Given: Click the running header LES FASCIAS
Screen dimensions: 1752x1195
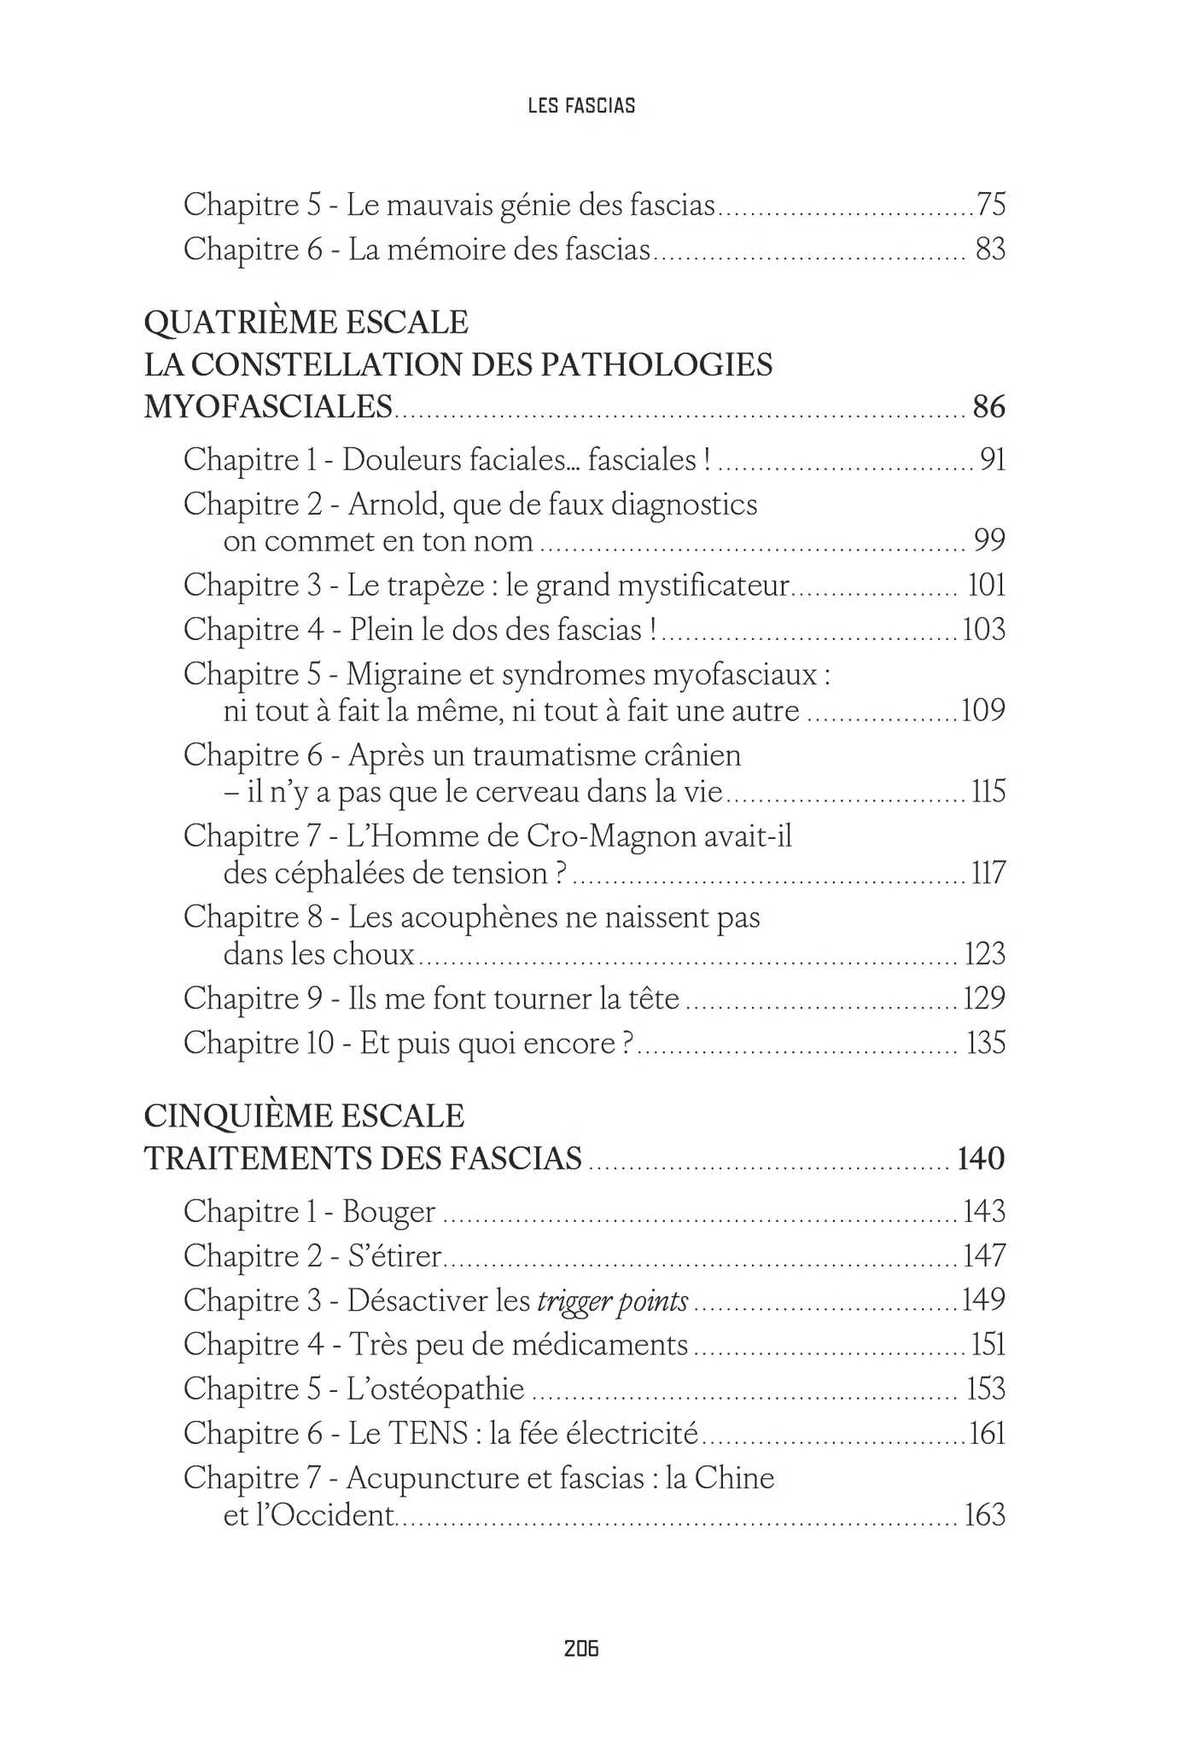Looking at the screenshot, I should click(x=581, y=106).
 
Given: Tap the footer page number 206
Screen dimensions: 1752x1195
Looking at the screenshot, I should click(x=581, y=1648).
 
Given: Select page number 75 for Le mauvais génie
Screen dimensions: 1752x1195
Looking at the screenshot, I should click(x=991, y=205).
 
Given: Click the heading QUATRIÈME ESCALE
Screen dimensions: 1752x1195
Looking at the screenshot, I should click(x=306, y=323).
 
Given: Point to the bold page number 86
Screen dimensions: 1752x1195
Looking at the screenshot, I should click(x=988, y=407).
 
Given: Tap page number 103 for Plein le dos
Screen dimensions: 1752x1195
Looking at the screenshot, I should click(x=983, y=630).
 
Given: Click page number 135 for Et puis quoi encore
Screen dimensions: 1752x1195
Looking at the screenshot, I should click(x=986, y=1043).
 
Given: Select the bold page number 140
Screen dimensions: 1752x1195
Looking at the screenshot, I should click(x=982, y=1159).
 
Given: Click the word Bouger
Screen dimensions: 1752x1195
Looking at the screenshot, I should click(x=389, y=1212).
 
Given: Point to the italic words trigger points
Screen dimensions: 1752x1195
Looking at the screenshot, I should click(x=613, y=1301).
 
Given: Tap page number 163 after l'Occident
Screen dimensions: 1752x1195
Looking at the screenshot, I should click(x=985, y=1516).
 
